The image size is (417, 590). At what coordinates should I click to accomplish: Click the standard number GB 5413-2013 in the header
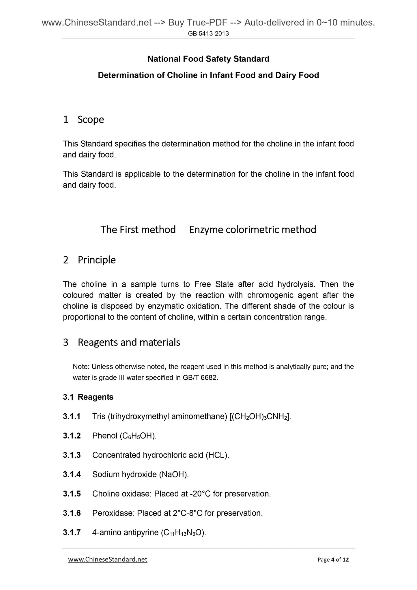click(x=208, y=33)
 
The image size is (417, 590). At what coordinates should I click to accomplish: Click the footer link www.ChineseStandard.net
click(x=108, y=559)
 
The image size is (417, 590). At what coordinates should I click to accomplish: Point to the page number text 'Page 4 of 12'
click(x=333, y=560)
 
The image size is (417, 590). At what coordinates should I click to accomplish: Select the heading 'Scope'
click(x=91, y=120)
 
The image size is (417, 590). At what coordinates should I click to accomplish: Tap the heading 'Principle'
click(x=97, y=260)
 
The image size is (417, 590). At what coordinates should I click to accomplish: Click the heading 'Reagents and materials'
click(x=129, y=342)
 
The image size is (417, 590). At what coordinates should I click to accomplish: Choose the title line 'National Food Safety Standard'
click(x=208, y=59)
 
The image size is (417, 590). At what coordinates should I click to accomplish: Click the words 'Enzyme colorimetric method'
click(x=253, y=229)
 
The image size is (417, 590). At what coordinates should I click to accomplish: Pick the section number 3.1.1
click(x=72, y=417)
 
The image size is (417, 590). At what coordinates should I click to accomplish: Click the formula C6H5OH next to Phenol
click(x=138, y=436)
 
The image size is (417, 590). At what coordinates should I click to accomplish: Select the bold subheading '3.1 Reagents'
click(x=88, y=397)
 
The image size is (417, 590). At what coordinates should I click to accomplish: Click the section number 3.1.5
click(x=72, y=494)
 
